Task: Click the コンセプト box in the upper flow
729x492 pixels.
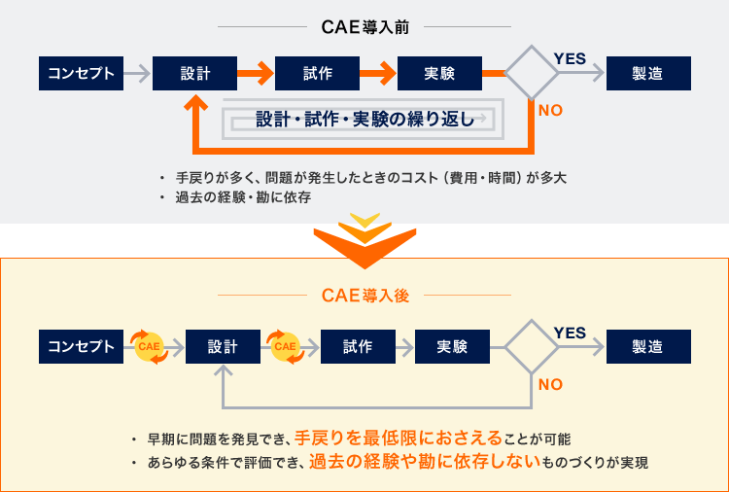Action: (x=82, y=73)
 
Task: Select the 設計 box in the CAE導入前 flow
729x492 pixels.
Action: (x=195, y=73)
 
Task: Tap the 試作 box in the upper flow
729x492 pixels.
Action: (x=318, y=73)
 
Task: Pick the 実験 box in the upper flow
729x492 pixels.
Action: (x=439, y=73)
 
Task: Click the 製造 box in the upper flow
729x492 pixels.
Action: (x=648, y=73)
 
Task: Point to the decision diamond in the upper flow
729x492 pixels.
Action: (x=532, y=72)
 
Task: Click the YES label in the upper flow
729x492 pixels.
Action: (x=570, y=58)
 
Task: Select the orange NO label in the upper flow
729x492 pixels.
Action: (x=550, y=110)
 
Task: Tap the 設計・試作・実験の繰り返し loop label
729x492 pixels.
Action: (x=364, y=120)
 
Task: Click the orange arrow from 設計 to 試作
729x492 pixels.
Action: (x=257, y=73)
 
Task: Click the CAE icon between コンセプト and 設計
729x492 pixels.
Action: (x=149, y=346)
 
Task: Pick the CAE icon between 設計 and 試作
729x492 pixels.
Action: (x=285, y=346)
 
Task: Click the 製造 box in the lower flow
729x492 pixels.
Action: (x=648, y=346)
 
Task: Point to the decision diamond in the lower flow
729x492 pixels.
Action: (x=532, y=346)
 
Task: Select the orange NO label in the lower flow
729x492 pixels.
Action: (x=550, y=384)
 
